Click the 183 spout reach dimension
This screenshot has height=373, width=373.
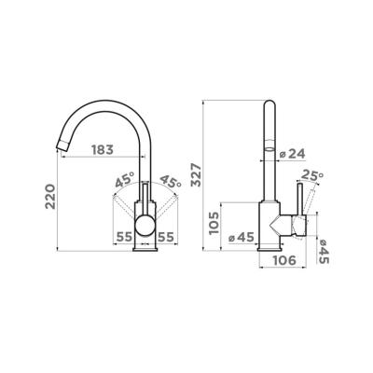103,150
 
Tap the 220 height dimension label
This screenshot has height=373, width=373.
50,197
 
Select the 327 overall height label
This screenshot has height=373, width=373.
197,174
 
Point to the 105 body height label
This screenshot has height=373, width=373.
214,223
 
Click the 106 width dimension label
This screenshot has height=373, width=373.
284,260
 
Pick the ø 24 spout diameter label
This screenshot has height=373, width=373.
292,154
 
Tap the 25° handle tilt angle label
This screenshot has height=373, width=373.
312,175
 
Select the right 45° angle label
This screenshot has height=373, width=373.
170,181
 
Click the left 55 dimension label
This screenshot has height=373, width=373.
124,238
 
